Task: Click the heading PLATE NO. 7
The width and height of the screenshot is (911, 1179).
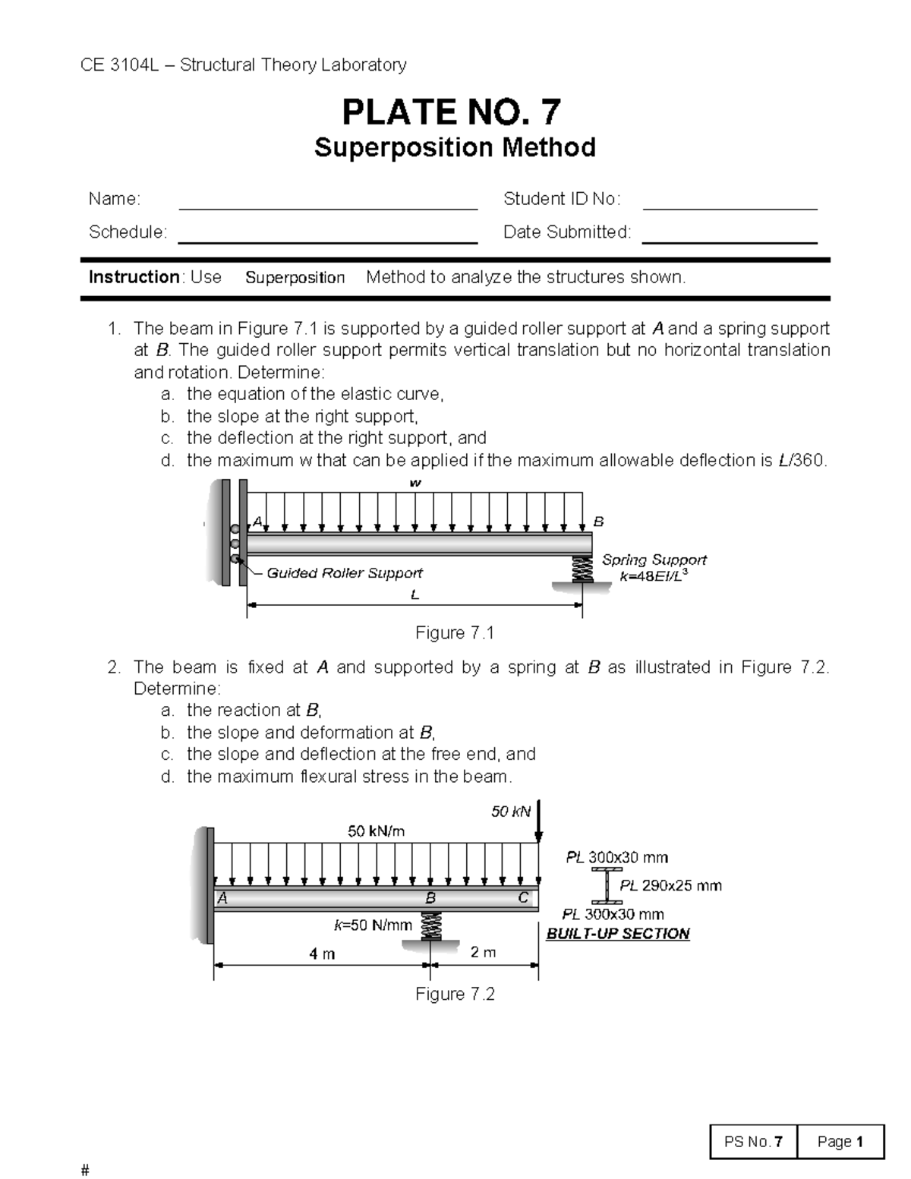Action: click(x=452, y=112)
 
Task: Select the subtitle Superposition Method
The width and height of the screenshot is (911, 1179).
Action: click(x=455, y=147)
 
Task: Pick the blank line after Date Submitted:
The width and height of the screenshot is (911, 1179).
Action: click(x=730, y=241)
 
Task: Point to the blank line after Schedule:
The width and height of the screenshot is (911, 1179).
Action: click(x=327, y=241)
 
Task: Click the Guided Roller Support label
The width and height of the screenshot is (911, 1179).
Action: click(x=345, y=573)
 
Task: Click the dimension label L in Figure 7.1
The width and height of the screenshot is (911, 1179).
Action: click(x=415, y=595)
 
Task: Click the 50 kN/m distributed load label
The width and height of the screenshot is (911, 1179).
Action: click(x=377, y=831)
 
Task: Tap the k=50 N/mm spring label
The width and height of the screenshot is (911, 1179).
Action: click(x=373, y=925)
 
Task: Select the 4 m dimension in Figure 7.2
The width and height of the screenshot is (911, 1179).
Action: click(x=322, y=954)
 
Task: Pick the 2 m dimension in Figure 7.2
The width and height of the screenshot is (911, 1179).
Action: click(x=484, y=952)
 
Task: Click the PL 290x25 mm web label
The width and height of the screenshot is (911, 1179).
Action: click(x=670, y=885)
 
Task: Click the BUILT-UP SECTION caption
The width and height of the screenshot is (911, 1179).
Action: click(x=618, y=934)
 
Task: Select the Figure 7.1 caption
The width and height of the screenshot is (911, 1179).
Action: click(x=455, y=633)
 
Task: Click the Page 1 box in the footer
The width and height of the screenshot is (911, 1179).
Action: click(x=840, y=1142)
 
